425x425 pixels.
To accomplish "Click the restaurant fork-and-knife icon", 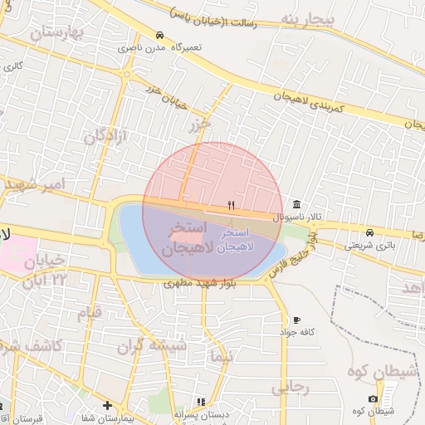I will click(232, 205).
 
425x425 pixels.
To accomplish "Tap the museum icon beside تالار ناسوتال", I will click(296, 205).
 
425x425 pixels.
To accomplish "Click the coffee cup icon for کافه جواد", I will click(296, 320).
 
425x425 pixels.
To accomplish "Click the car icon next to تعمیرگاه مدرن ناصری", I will click(159, 36).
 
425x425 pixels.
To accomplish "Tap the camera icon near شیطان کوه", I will click(374, 398).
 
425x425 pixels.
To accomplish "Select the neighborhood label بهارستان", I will click(57, 33).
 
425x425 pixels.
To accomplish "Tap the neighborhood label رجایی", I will click(291, 385).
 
